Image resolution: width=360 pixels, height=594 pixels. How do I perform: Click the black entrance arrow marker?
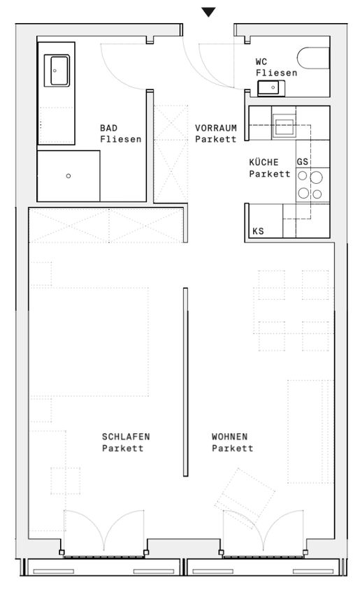(208, 12)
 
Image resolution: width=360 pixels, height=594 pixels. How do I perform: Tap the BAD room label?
(109, 128)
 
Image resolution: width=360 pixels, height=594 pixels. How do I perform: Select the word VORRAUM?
(215, 128)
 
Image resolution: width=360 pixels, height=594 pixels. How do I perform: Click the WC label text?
(261, 61)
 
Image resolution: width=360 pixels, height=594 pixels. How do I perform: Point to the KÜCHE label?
(264, 162)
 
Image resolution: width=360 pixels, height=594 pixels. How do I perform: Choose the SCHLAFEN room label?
(126, 436)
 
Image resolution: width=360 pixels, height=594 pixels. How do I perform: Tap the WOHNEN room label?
(230, 436)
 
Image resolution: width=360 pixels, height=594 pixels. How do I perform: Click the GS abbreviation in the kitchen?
(303, 161)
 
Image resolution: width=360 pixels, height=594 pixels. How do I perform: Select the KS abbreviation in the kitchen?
(258, 231)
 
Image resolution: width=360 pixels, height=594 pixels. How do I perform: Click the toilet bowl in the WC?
(314, 58)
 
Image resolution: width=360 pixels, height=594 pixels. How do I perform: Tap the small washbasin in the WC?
(271, 88)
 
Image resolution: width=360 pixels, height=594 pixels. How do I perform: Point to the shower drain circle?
(69, 176)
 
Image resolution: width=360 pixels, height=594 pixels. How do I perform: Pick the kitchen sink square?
(284, 127)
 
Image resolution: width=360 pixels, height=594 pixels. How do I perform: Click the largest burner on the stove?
(316, 178)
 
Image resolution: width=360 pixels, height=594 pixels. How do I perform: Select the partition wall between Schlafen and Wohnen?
(186, 382)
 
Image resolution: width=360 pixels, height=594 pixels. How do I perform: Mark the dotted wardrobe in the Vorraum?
(171, 154)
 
